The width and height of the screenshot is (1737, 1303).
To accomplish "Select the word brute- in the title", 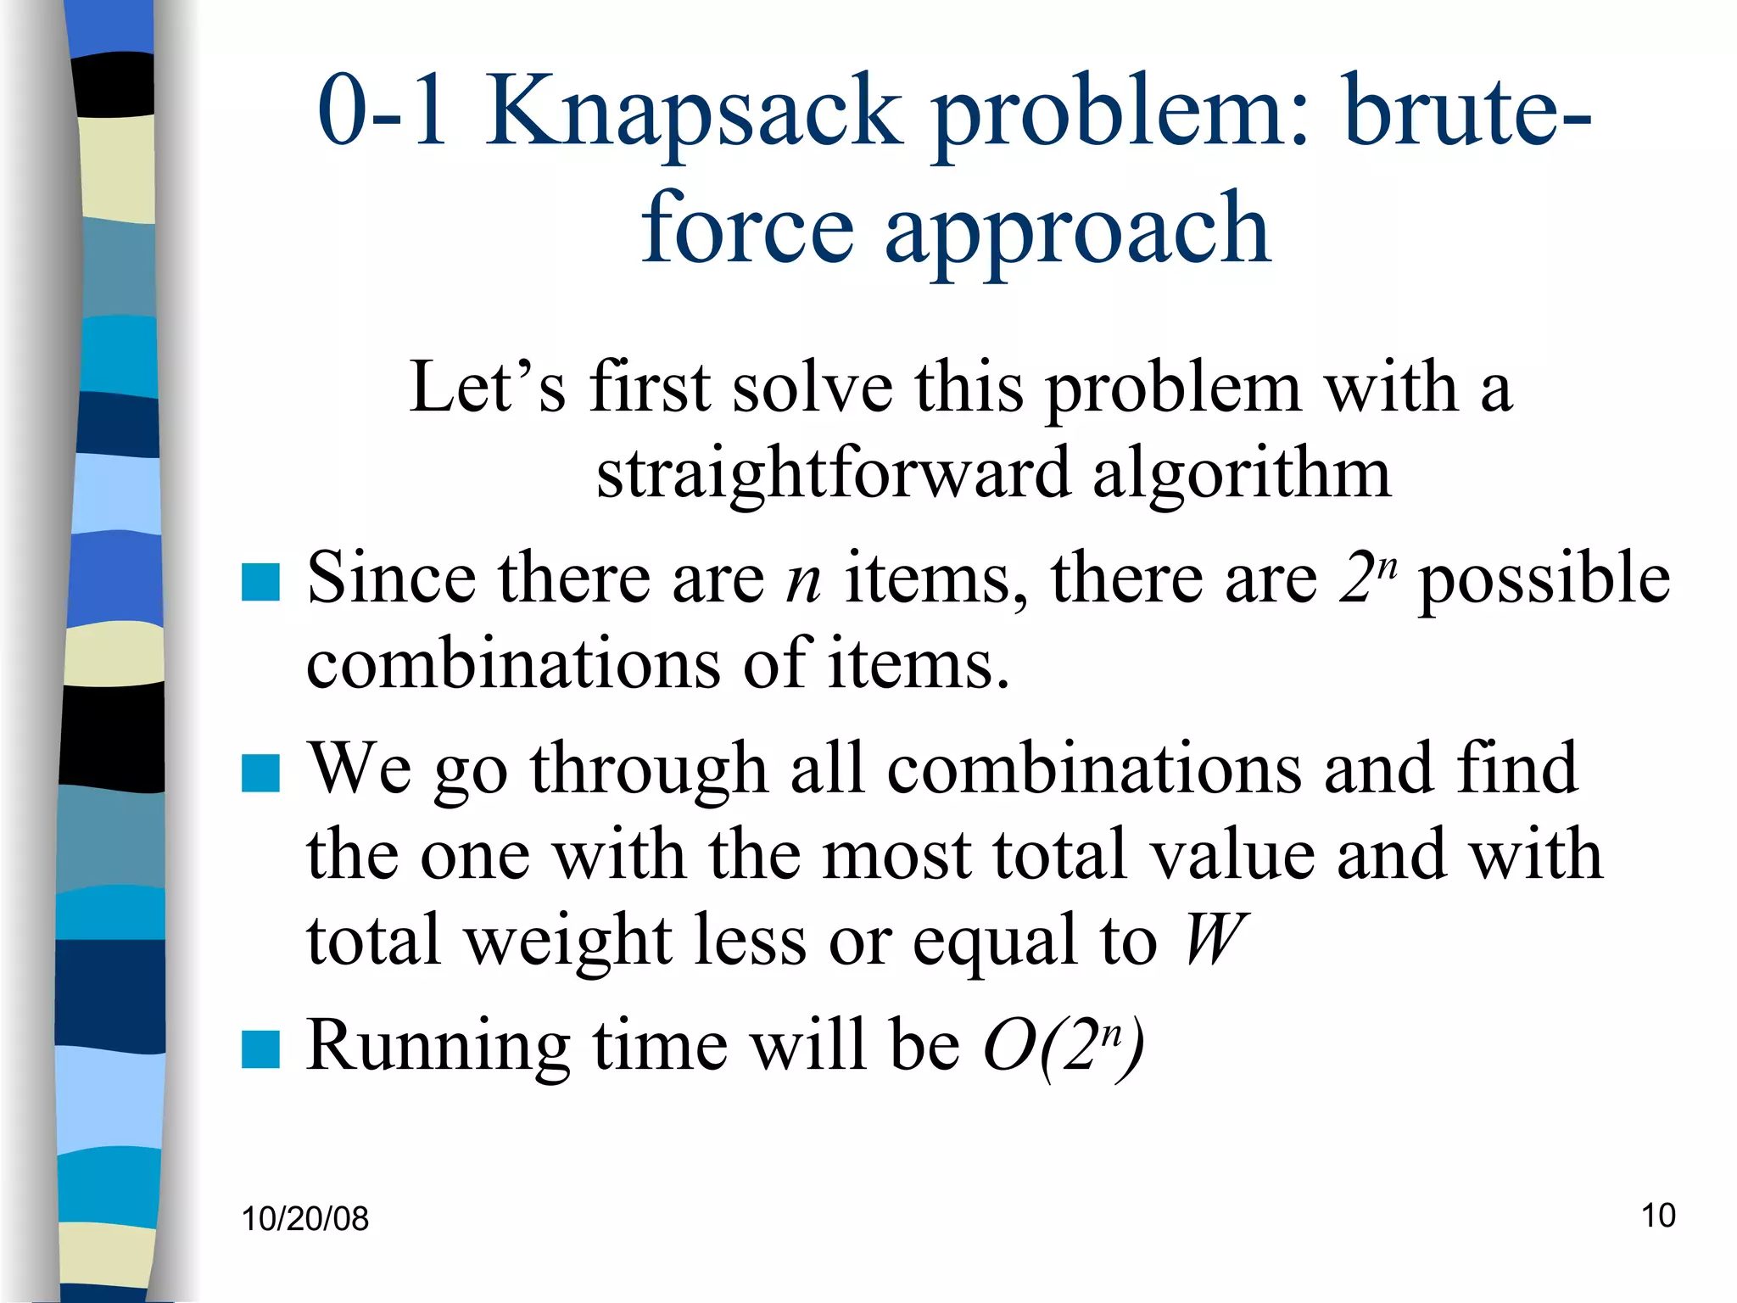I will (x=1466, y=110).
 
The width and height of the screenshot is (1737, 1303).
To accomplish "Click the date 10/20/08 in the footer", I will (x=305, y=1219).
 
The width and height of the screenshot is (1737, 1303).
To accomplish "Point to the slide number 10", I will (x=1658, y=1216).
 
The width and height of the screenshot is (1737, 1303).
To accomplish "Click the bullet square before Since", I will (x=260, y=583).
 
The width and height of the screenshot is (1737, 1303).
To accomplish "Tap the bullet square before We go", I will (x=260, y=773).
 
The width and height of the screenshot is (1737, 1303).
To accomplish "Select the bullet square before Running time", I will (x=260, y=1049).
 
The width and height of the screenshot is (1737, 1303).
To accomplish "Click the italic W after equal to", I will (x=1215, y=940).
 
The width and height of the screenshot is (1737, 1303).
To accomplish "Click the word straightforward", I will (x=833, y=473).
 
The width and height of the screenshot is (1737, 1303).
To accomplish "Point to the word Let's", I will (x=488, y=387).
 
